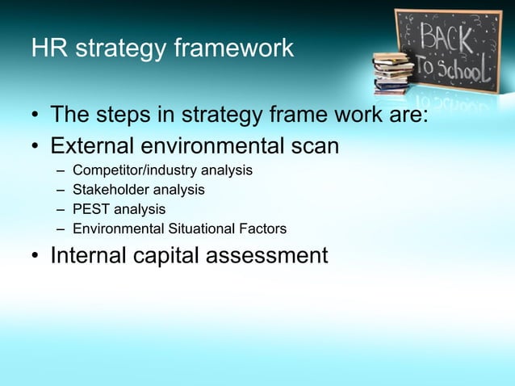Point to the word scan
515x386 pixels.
coord(313,147)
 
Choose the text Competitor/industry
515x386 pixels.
coord(129,170)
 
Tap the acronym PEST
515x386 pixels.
coord(90,209)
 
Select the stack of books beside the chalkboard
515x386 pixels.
coord(393,73)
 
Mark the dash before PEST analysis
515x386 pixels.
coord(61,210)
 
